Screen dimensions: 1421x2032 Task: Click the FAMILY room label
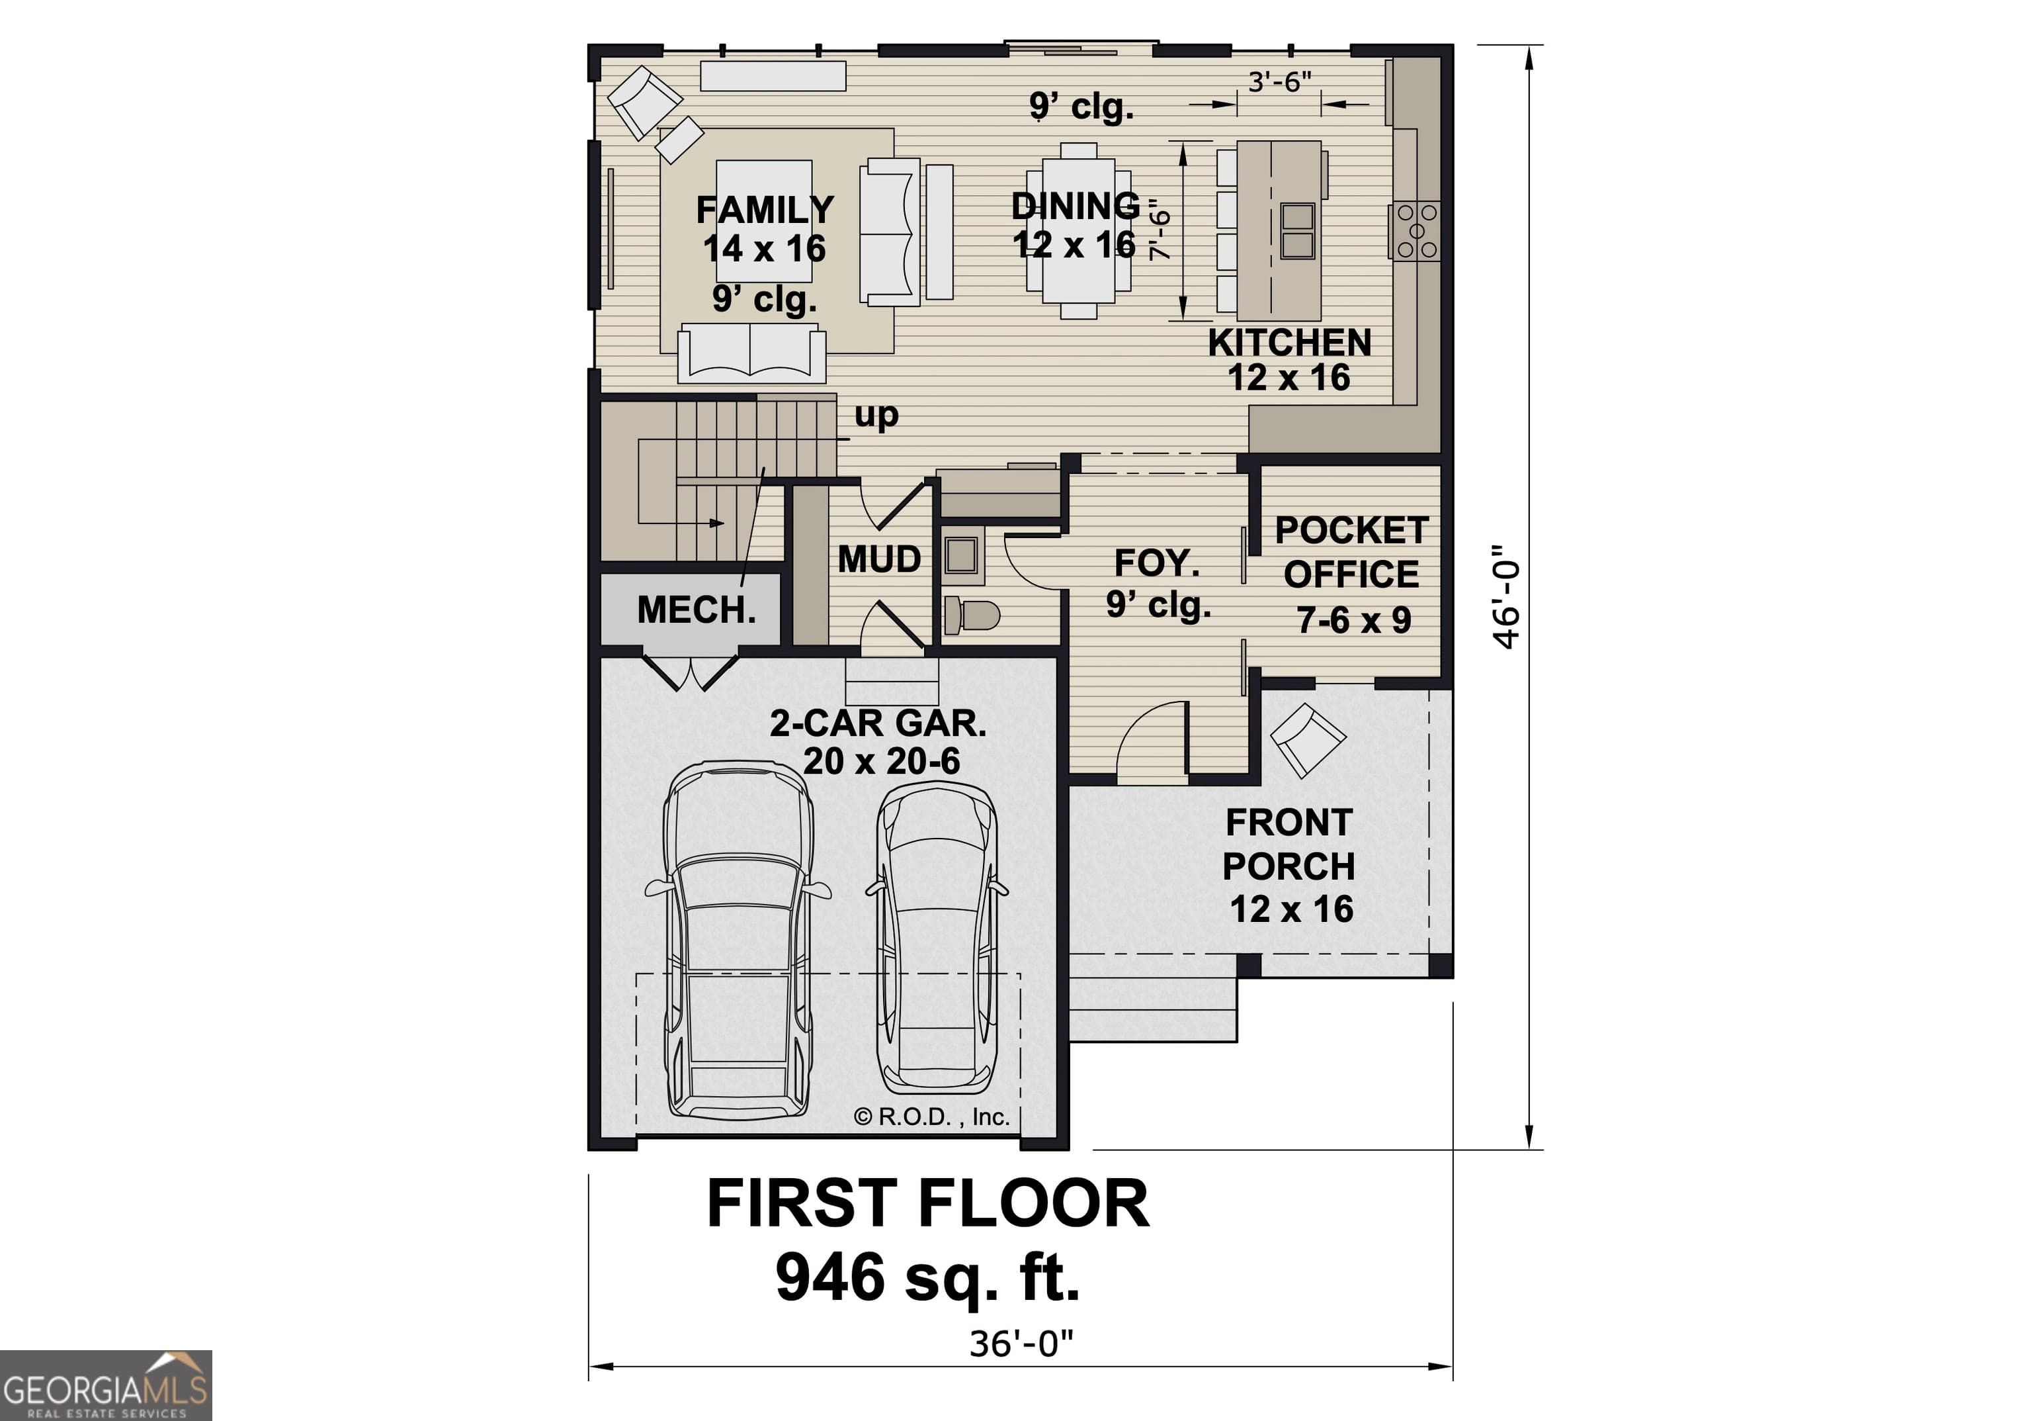(x=765, y=210)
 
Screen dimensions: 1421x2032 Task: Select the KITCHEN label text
(x=1289, y=344)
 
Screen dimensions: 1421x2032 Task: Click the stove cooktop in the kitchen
(x=1417, y=231)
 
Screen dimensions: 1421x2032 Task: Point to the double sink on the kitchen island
(x=1297, y=230)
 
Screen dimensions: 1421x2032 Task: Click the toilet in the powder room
(x=971, y=614)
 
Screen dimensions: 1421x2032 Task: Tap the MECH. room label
(x=697, y=610)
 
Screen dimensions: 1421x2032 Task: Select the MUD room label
(x=879, y=559)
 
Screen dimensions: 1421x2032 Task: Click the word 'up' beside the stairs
(x=876, y=415)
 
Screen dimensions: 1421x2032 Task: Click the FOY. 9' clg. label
(x=1158, y=584)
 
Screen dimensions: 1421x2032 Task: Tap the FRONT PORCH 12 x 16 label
(x=1289, y=865)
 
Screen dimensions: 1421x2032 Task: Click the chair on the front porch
(x=1307, y=739)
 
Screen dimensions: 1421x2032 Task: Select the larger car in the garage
(x=738, y=943)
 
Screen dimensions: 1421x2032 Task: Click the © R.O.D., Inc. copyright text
(x=932, y=1117)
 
